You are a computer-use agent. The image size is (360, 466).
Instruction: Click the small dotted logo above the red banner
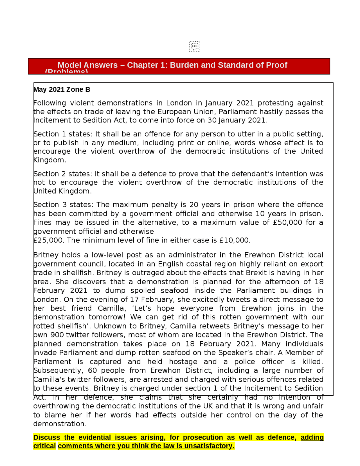[x=195, y=46]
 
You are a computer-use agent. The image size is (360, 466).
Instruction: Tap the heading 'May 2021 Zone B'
[x=62, y=89]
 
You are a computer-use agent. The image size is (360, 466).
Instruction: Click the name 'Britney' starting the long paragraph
[x=45, y=255]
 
